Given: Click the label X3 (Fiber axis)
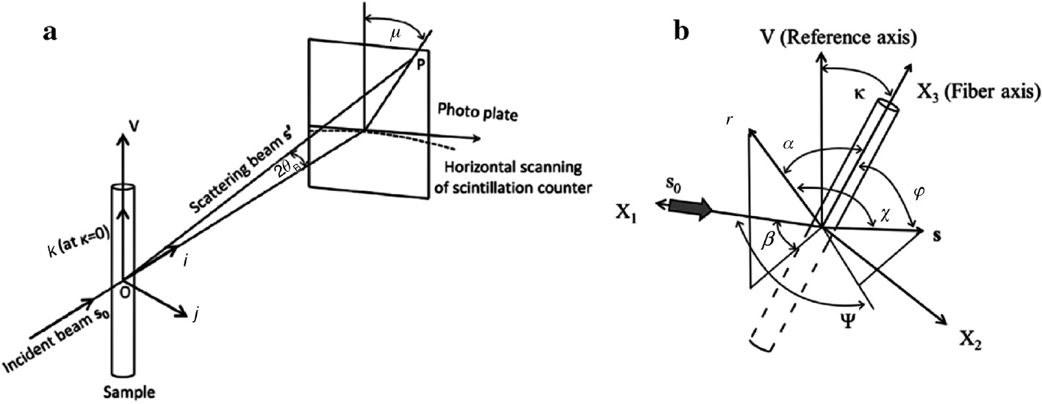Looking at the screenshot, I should tap(977, 92).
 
